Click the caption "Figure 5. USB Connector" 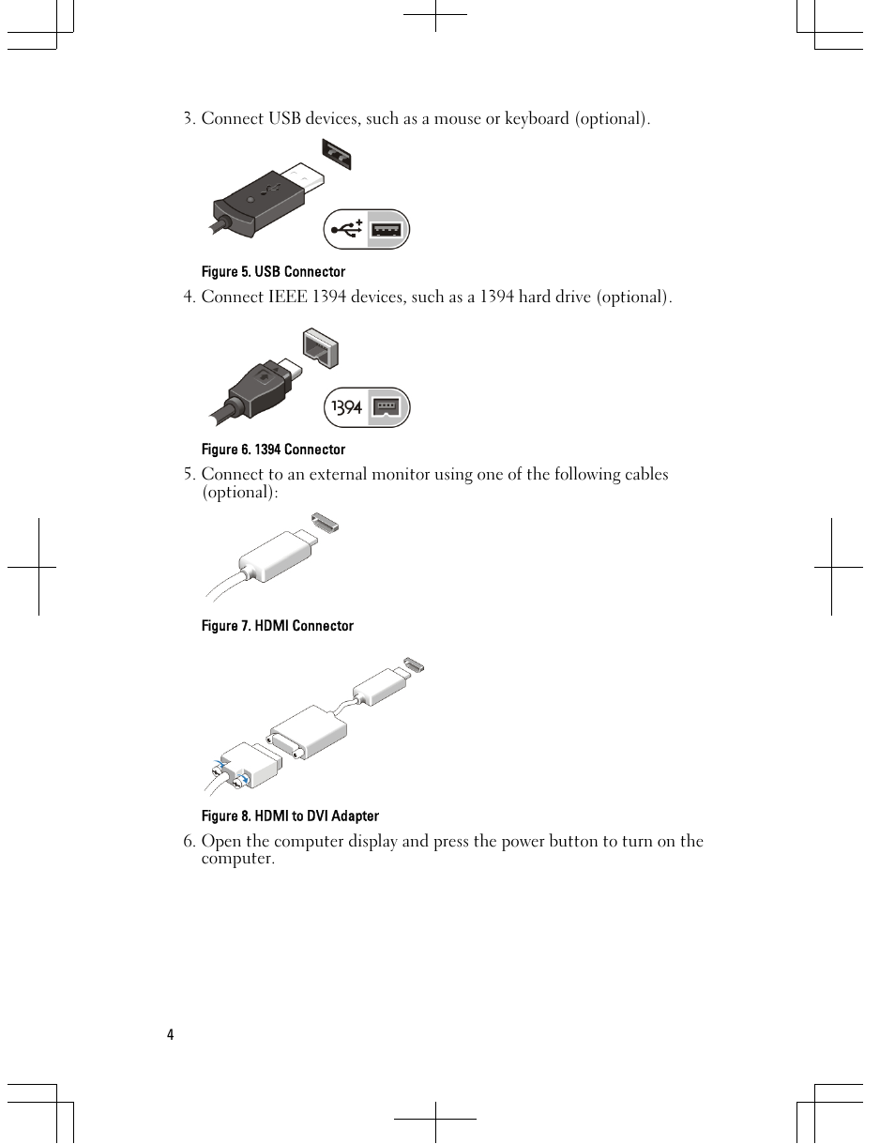[x=273, y=271]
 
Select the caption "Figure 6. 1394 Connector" [x=273, y=450]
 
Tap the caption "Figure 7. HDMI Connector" [x=278, y=626]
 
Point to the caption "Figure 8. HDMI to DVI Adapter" [x=290, y=816]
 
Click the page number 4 [x=170, y=1035]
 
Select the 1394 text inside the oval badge [x=346, y=407]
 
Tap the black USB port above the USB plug [x=337, y=154]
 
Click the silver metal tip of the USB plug [x=302, y=179]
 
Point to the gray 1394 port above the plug [x=321, y=348]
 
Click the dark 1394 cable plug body [x=259, y=389]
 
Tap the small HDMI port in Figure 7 [x=326, y=522]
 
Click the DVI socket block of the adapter [x=308, y=732]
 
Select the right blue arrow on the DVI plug [x=244, y=778]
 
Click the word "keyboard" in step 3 [x=537, y=118]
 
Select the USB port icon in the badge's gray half [x=387, y=230]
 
